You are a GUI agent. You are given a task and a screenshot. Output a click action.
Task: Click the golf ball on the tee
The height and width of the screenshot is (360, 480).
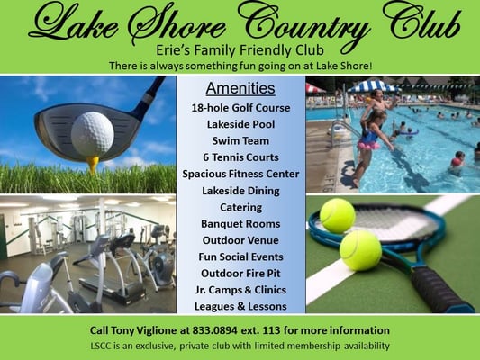[x=93, y=133]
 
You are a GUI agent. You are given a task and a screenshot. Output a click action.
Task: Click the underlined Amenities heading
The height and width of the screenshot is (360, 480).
[x=240, y=88]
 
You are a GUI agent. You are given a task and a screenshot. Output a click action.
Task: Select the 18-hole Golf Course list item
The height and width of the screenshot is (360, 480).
[x=240, y=108]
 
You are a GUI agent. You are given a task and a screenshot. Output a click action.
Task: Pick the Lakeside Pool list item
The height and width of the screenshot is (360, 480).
[x=240, y=124]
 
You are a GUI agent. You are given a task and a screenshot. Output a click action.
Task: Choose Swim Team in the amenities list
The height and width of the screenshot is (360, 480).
[x=240, y=140]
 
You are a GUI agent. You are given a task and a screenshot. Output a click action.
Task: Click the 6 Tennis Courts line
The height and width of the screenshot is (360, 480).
[x=240, y=157]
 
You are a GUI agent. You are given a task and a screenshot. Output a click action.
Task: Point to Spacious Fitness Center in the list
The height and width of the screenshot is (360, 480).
[x=240, y=174]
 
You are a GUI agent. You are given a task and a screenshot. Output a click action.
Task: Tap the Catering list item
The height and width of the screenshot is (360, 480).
[x=240, y=207]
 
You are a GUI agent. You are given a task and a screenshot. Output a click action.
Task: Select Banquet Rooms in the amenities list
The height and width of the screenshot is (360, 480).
[x=240, y=223]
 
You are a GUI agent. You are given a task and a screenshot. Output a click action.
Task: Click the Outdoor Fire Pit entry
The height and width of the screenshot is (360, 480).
[x=240, y=273]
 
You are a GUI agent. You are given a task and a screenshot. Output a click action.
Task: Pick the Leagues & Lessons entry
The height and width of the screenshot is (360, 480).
[x=240, y=306]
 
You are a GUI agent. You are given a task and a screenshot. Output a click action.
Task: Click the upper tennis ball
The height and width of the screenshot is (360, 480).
[x=338, y=216]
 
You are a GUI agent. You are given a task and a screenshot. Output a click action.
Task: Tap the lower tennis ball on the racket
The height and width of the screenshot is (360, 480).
[x=360, y=249]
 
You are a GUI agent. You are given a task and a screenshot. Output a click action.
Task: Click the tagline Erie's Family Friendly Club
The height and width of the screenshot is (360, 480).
[x=240, y=49]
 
